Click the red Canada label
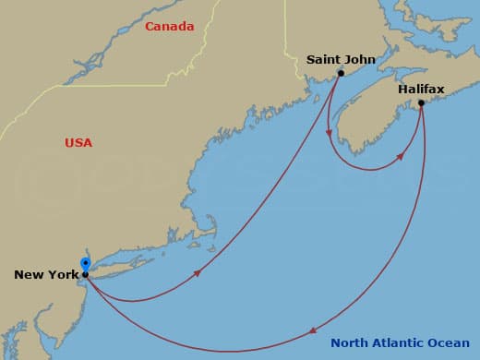[x=169, y=27]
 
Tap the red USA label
[x=78, y=143]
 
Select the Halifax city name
[x=421, y=90]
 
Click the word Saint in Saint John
[x=324, y=60]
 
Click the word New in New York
[x=29, y=275]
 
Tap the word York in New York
[x=61, y=275]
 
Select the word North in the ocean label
[x=350, y=344]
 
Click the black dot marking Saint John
[x=341, y=73]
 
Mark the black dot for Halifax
[x=421, y=102]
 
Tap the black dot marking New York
[x=85, y=274]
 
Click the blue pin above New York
[x=85, y=264]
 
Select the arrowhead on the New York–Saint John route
[x=198, y=273]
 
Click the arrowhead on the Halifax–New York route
[x=313, y=330]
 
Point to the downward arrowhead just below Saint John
[x=330, y=133]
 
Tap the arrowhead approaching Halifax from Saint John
[x=401, y=158]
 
